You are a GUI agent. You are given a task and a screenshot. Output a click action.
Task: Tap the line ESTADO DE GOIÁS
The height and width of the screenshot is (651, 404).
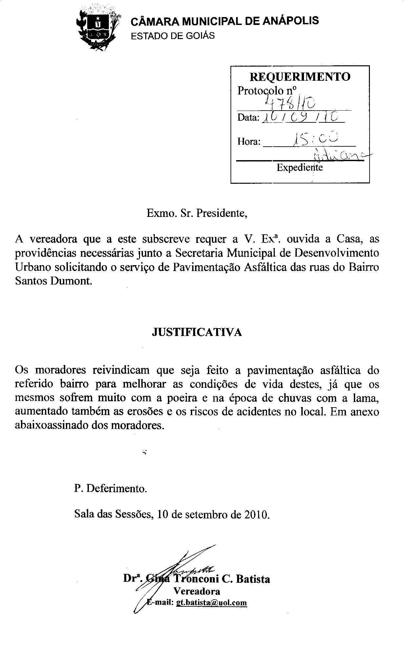[172, 36]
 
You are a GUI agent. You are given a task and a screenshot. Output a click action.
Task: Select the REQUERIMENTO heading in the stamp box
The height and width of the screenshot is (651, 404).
[300, 77]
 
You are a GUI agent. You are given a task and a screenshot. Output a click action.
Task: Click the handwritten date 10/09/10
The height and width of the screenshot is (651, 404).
[302, 117]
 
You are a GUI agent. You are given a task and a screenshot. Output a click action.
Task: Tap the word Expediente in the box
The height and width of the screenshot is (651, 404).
[300, 168]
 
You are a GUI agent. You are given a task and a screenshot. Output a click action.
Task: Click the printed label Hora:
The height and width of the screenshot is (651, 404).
[249, 142]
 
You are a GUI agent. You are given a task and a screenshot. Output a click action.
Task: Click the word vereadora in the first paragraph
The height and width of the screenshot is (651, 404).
[53, 239]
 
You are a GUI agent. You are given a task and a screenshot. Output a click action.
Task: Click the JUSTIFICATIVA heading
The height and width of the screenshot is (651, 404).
[197, 332]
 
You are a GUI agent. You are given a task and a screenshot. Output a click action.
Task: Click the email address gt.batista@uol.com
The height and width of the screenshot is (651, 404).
[211, 602]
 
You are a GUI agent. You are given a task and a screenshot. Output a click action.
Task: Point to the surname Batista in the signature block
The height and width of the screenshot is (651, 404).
[253, 579]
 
